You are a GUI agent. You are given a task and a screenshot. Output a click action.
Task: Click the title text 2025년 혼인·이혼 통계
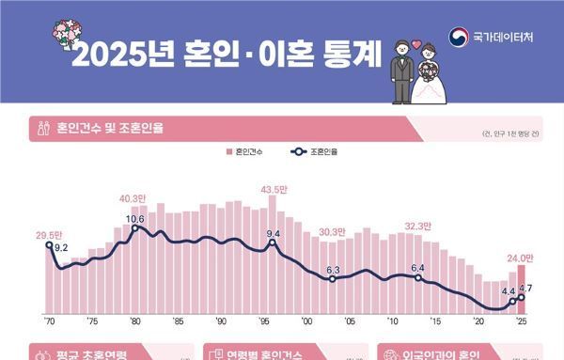(x=226, y=55)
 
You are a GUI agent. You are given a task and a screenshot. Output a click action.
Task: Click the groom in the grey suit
(x=400, y=70)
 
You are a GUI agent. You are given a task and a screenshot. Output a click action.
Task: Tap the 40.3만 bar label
(x=134, y=198)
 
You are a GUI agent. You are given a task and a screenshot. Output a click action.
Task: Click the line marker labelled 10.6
(x=135, y=228)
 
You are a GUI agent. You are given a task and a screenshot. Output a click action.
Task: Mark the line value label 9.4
(x=274, y=233)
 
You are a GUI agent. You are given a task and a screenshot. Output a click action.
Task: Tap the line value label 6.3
(x=333, y=271)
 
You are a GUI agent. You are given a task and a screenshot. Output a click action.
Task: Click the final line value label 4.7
(x=525, y=290)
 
